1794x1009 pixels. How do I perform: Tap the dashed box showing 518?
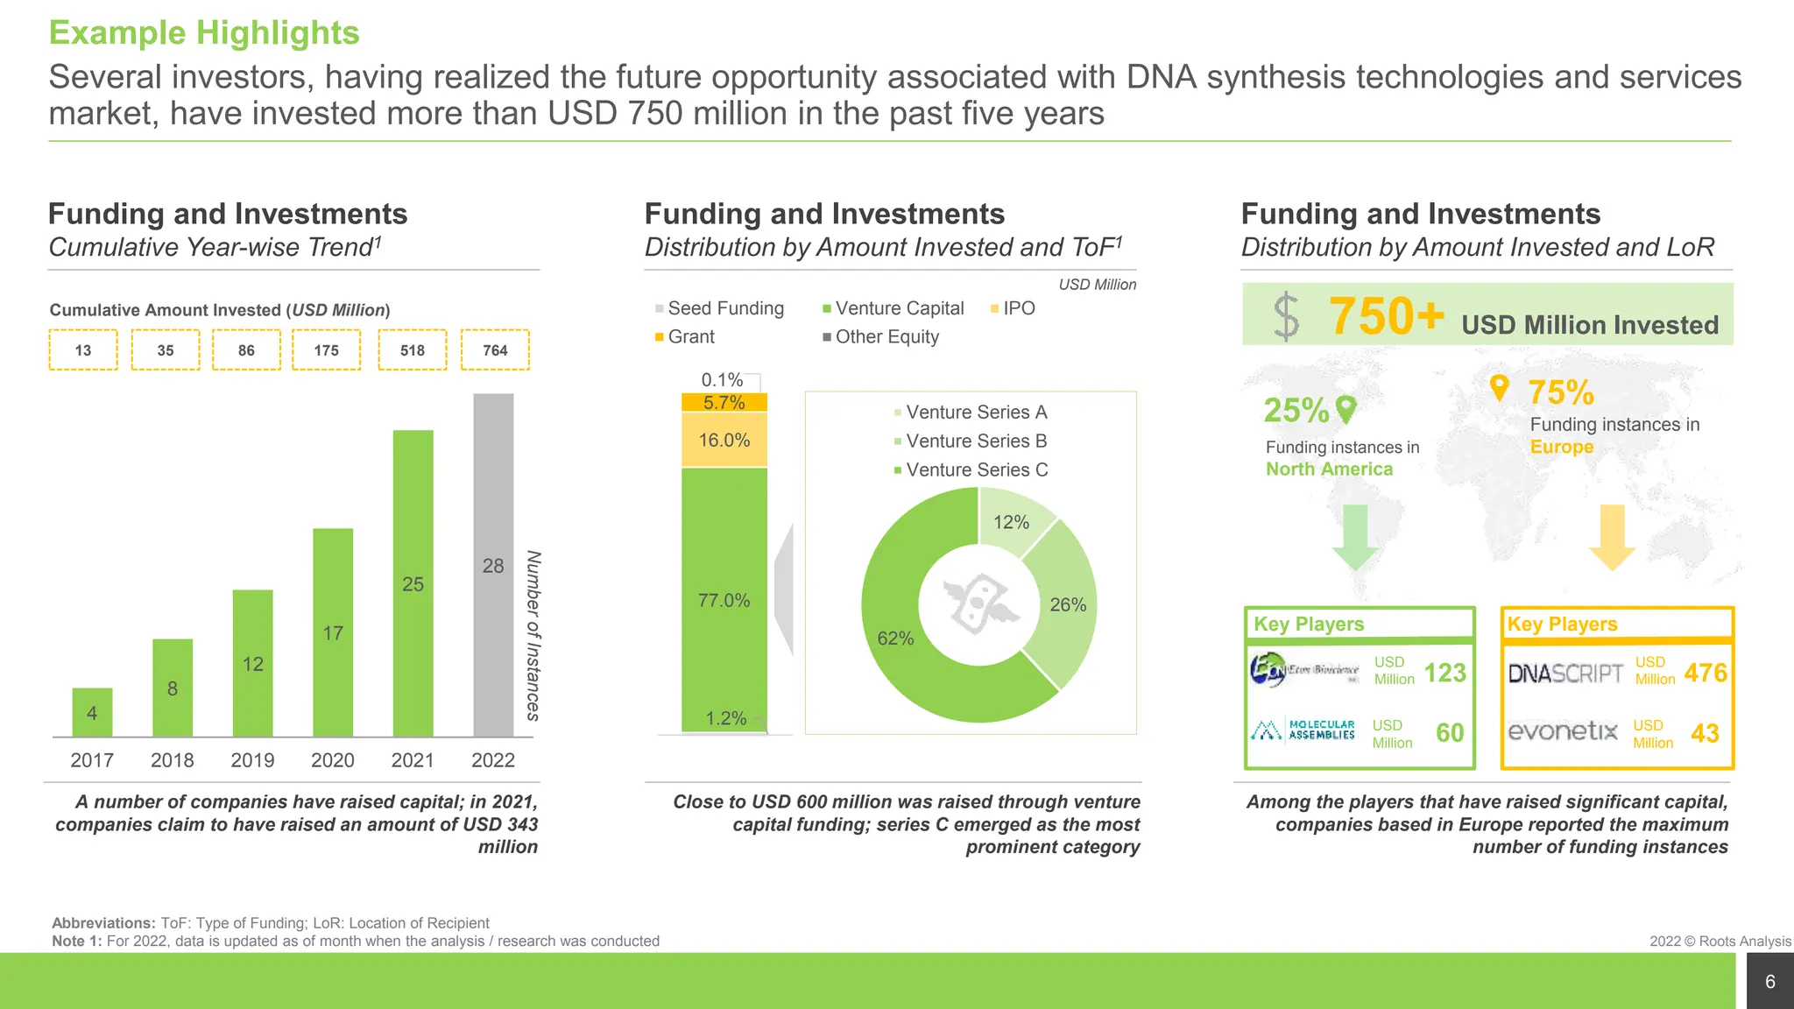[413, 350]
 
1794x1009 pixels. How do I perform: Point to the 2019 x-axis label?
[252, 760]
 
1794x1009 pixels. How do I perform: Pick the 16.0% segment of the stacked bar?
[724, 441]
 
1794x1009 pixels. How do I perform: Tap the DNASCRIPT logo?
[1565, 673]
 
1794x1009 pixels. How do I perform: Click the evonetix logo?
[1562, 730]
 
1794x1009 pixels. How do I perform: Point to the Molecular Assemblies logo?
[1303, 730]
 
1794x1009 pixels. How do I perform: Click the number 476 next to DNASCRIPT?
[1705, 673]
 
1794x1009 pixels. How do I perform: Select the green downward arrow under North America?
[1355, 537]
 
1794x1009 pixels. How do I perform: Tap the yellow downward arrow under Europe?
[1612, 537]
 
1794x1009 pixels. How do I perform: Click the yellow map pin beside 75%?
[1500, 387]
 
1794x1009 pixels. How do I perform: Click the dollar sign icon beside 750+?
[1286, 316]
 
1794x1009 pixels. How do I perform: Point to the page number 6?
[1769, 982]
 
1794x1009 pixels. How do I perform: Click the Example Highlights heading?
[204, 33]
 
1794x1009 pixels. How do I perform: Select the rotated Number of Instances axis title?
[533, 635]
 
